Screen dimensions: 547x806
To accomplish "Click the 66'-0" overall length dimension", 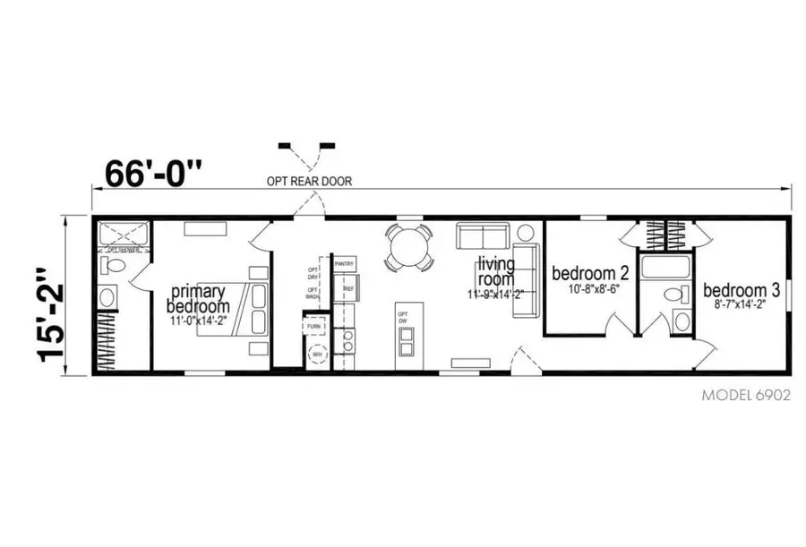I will (x=154, y=172).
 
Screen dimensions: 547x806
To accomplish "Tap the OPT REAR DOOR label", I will (x=309, y=181).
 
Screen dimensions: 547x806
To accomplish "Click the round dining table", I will (x=409, y=246).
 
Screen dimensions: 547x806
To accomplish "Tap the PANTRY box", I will (x=345, y=264).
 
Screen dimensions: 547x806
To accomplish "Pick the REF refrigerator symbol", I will (x=345, y=288).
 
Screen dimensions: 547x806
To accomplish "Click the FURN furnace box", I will (x=314, y=327).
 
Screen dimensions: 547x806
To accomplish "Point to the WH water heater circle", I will (x=316, y=355).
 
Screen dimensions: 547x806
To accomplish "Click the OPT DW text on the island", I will (x=403, y=318).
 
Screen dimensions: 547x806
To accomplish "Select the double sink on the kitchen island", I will (x=406, y=342).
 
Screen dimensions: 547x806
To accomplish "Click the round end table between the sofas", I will (x=523, y=233).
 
